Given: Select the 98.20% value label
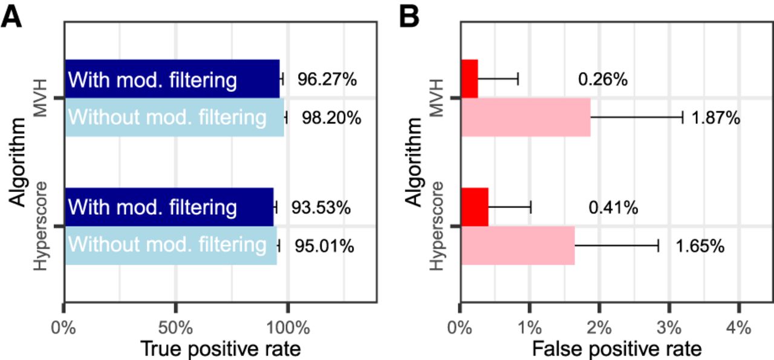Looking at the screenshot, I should (331, 117).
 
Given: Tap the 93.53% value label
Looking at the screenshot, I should (320, 208).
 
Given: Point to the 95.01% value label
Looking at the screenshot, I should (324, 246).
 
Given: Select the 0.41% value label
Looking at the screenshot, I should (613, 208).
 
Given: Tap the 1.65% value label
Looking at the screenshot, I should (700, 246).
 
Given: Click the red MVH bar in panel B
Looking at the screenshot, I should (469, 79).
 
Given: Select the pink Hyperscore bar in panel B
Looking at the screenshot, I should (518, 246).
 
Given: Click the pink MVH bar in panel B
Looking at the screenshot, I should (525, 117).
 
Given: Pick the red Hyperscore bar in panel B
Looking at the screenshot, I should (474, 207).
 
